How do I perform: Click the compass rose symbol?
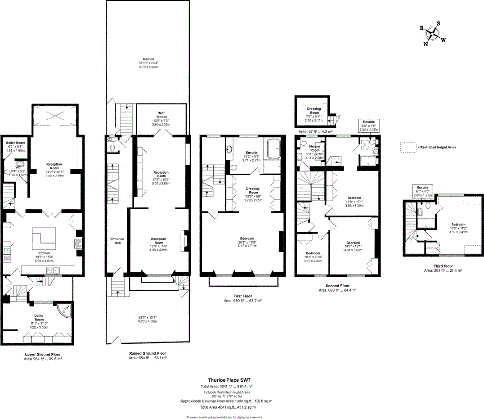click(433, 33)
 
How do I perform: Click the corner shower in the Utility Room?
click(64, 310)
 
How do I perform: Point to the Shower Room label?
click(314, 146)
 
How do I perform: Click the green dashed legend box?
click(408, 146)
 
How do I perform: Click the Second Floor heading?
click(337, 286)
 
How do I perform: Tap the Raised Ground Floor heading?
click(148, 353)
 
